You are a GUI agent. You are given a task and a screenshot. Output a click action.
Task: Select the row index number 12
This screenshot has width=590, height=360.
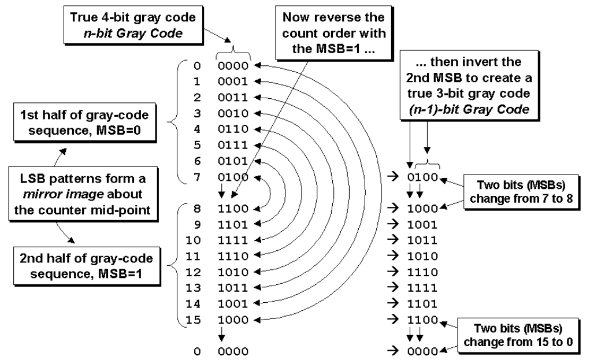196,271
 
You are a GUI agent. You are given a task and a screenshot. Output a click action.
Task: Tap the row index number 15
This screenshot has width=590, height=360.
196,318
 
